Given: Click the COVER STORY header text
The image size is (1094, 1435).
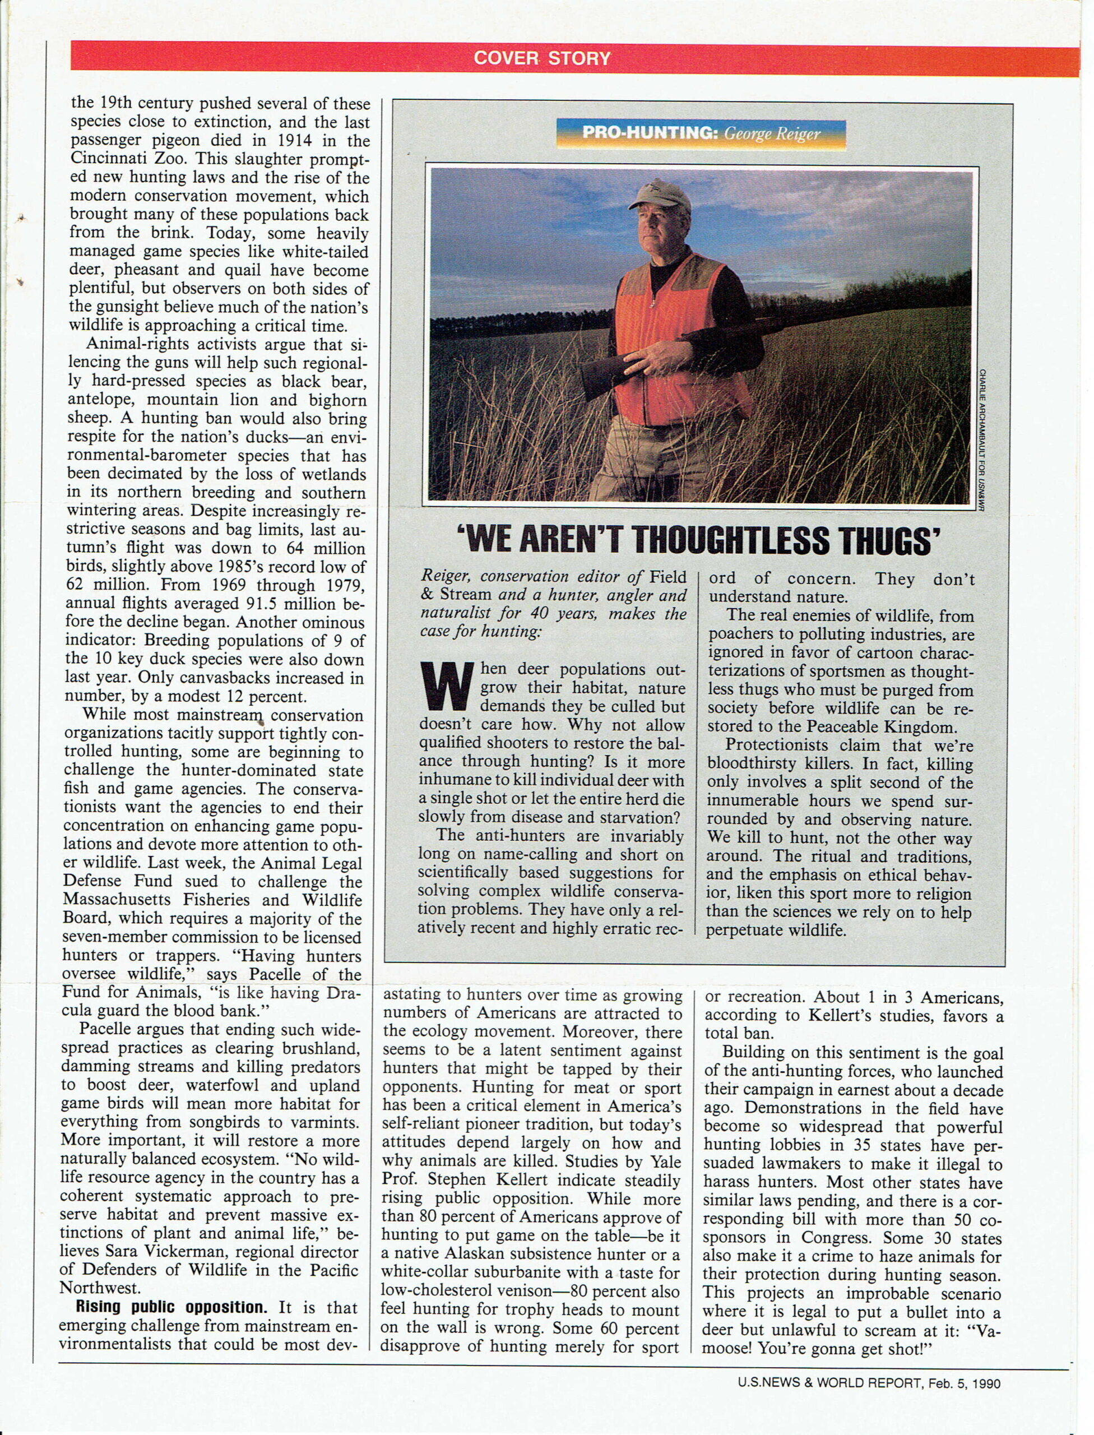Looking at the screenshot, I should [542, 59].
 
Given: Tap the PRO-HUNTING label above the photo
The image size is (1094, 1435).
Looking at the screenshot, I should [648, 133].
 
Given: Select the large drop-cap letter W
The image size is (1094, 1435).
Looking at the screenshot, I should [446, 687].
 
